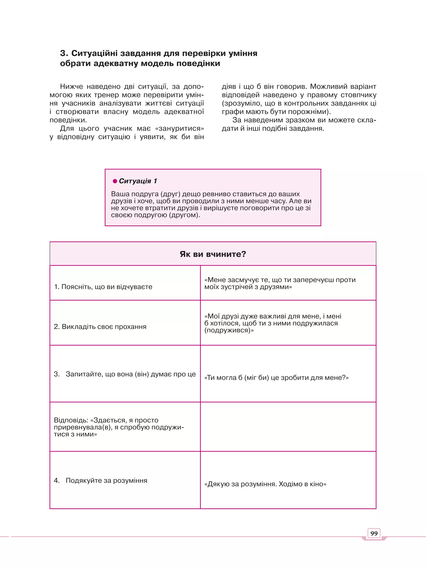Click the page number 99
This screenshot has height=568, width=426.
pos(374,533)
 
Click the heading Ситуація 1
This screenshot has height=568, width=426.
pos(138,181)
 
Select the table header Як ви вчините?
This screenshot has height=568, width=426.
pos(213,254)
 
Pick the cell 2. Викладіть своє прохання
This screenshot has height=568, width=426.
pos(100,327)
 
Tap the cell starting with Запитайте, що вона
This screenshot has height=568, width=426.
pos(125,374)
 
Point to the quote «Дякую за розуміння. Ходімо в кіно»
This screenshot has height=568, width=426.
pos(265,484)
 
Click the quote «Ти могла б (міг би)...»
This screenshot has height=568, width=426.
pos(276,377)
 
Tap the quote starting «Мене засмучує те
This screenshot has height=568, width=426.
pos(280,283)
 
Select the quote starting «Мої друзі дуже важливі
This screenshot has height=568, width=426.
pos(272,323)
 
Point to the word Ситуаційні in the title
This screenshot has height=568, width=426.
pos(94,53)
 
